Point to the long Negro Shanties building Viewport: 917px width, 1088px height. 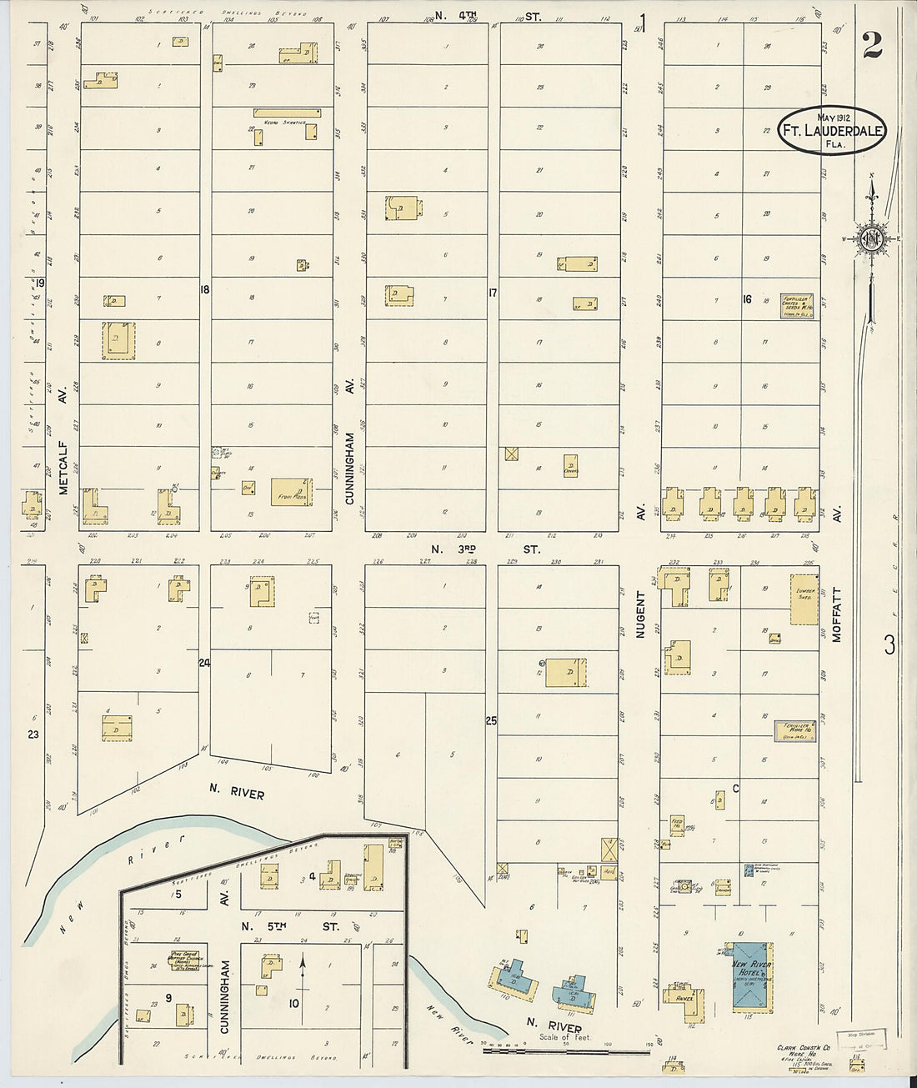286,112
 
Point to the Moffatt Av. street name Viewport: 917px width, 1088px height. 838,613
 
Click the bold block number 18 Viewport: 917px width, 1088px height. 203,289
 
